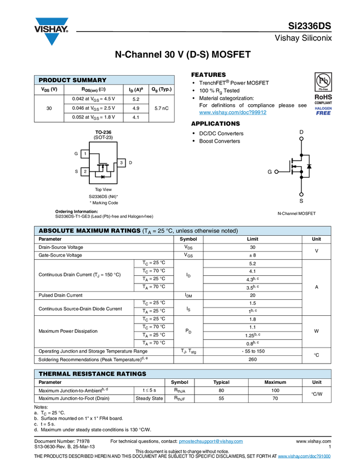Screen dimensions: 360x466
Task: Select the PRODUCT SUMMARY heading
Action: pos(72,81)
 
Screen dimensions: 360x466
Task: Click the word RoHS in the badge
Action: pos(323,98)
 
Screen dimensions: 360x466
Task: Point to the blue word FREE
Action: pos(323,113)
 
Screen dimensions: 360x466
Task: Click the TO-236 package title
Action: pos(104,133)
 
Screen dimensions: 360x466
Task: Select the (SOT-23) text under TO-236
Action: pos(104,138)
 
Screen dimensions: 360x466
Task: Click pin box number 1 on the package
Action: pos(85,154)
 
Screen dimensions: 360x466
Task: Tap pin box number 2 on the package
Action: pos(85,172)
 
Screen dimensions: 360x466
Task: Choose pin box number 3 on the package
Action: pos(121,163)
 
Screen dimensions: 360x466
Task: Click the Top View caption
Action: pos(104,189)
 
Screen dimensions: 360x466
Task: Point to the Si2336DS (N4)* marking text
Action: pos(104,196)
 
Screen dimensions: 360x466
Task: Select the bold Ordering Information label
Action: pos(77,211)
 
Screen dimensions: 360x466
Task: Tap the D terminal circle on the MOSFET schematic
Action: pos(301,139)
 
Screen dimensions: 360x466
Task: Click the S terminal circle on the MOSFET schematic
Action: pos(301,194)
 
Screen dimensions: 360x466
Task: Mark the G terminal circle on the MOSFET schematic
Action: pos(277,172)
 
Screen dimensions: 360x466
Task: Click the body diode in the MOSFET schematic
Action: pos(310,166)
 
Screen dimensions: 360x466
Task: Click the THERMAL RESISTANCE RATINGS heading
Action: pos(92,374)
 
